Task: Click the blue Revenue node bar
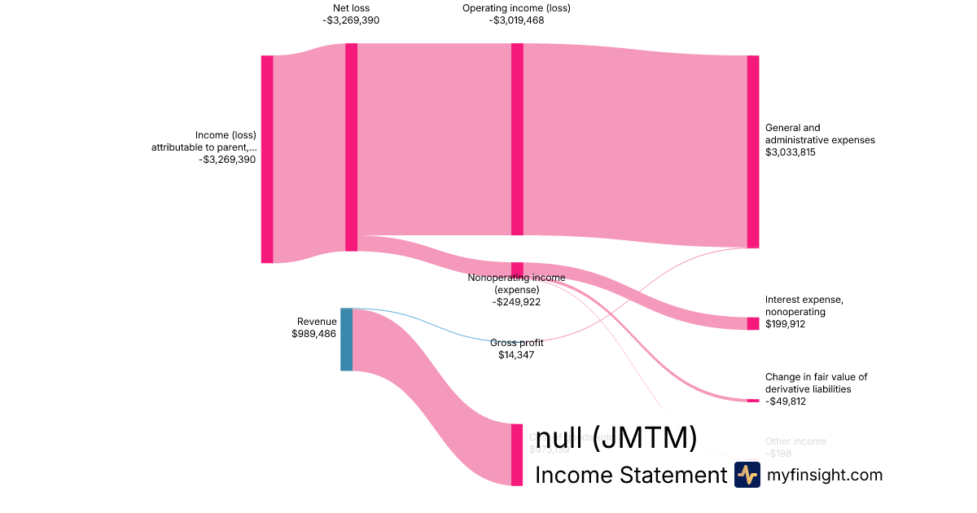click(x=346, y=340)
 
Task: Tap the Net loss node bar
click(x=351, y=147)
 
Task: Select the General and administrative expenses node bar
click(x=753, y=151)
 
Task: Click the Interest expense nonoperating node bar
click(x=753, y=323)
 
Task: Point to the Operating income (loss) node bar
click(x=517, y=138)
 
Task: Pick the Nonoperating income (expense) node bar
click(x=517, y=270)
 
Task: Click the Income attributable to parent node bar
click(x=267, y=159)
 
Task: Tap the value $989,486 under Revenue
click(x=314, y=334)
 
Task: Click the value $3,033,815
click(x=791, y=152)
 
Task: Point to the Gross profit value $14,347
click(x=516, y=355)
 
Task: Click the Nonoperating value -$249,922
click(x=516, y=302)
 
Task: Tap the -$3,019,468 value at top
click(x=516, y=20)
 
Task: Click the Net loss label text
click(x=351, y=8)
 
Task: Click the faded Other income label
click(x=795, y=441)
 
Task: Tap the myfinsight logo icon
click(x=747, y=475)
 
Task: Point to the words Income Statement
click(x=629, y=476)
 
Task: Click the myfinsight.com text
click(x=825, y=475)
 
